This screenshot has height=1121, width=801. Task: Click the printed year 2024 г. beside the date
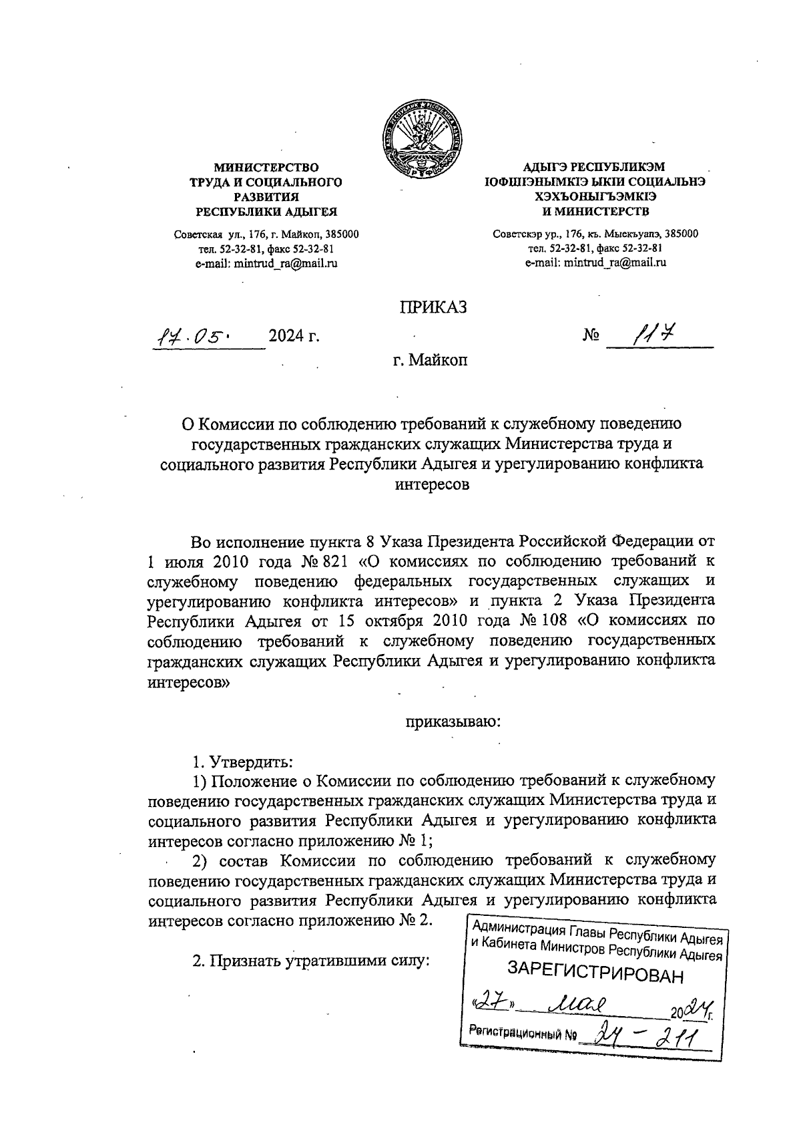pyautogui.click(x=294, y=336)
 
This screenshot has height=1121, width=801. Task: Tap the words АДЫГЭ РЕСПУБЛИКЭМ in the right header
pyautogui.click(x=595, y=167)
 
